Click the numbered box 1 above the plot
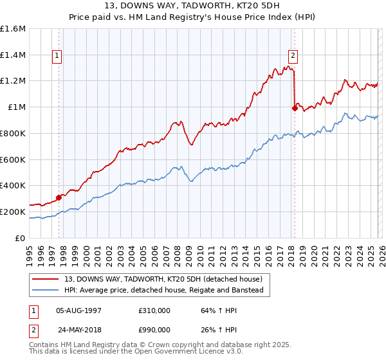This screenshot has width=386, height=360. tap(57, 56)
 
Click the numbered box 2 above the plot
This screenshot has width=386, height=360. tap(293, 56)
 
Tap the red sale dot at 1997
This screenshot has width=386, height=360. tap(59, 197)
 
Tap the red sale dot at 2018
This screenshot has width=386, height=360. tap(295, 108)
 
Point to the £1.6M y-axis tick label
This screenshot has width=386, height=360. tap(13, 29)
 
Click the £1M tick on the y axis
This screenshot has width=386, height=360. tap(17, 107)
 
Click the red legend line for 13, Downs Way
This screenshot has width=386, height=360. tap(45, 280)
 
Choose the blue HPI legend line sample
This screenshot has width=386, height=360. tap(45, 291)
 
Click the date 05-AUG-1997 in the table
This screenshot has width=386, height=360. tap(78, 310)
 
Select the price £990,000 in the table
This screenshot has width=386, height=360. tap(154, 330)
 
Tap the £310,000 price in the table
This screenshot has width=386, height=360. tap(154, 310)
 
